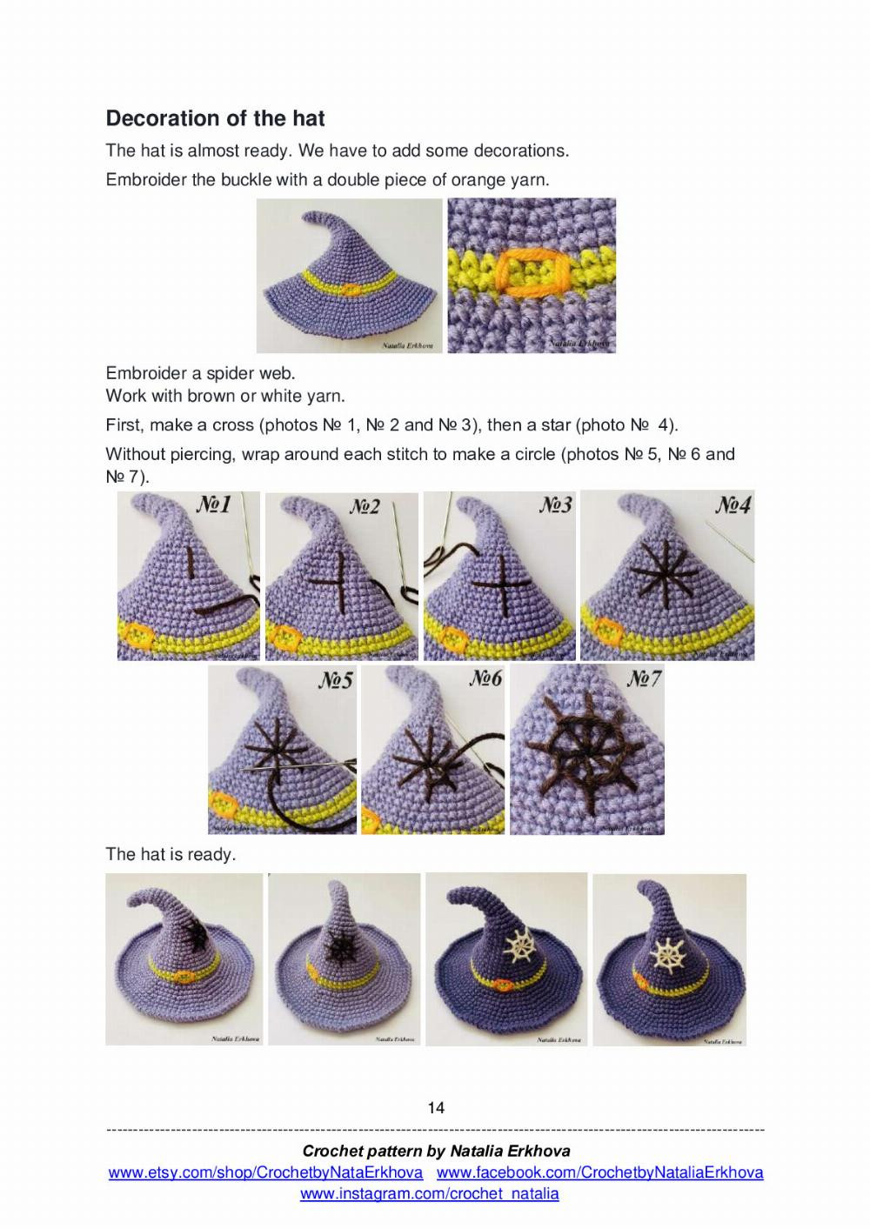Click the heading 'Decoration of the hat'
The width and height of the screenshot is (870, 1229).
click(215, 118)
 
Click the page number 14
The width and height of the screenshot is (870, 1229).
click(436, 1107)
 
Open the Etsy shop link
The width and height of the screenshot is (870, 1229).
click(265, 1172)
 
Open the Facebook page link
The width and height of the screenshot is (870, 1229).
click(599, 1172)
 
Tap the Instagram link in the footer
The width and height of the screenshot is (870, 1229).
click(430, 1194)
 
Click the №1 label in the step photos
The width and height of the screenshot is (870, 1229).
click(212, 504)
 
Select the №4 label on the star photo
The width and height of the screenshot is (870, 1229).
click(733, 504)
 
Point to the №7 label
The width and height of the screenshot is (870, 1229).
click(644, 678)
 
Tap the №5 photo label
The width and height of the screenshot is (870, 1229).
click(335, 679)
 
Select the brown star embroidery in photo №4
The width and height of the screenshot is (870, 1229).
click(665, 572)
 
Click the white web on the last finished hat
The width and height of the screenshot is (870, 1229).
click(670, 954)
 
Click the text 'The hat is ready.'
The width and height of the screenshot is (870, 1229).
click(171, 854)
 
